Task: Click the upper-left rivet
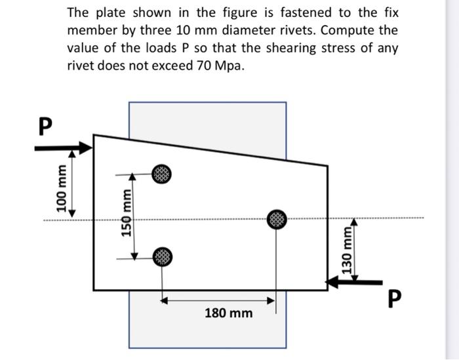coord(162,175)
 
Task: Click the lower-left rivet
coord(162,256)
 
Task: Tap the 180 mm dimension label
coord(228,313)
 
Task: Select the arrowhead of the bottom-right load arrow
coord(334,281)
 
